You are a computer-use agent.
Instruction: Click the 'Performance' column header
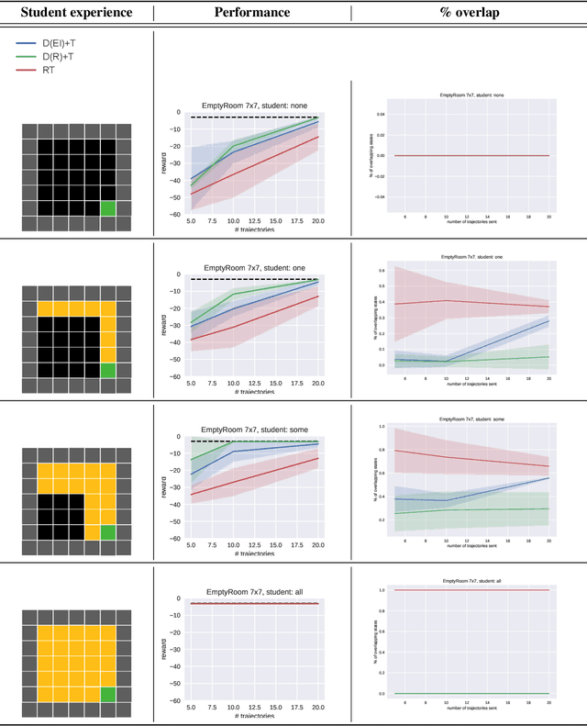251,13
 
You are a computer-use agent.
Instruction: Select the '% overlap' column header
468,13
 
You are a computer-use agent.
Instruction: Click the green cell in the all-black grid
108,208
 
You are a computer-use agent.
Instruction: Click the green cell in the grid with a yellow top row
108,370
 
